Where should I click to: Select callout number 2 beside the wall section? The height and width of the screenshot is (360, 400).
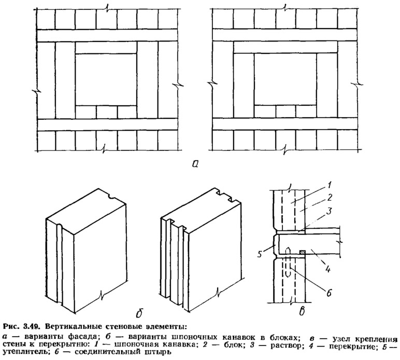[x=330, y=198]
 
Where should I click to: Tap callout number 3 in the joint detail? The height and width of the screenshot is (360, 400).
[x=330, y=212]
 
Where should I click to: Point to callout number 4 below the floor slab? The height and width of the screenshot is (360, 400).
[x=328, y=269]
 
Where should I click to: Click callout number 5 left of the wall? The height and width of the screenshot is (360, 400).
[x=260, y=254]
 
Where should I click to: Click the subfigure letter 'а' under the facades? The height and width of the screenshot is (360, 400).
[x=196, y=163]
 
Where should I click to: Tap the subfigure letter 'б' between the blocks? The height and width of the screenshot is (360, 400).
[x=139, y=313]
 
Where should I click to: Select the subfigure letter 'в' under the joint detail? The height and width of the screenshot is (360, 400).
[x=302, y=311]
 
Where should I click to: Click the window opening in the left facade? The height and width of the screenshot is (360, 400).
[x=106, y=80]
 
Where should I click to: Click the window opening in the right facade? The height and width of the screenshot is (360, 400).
[x=285, y=79]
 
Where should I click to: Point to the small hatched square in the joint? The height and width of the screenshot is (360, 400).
[x=302, y=252]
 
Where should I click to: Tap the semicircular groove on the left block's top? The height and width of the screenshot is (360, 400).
[x=112, y=197]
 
